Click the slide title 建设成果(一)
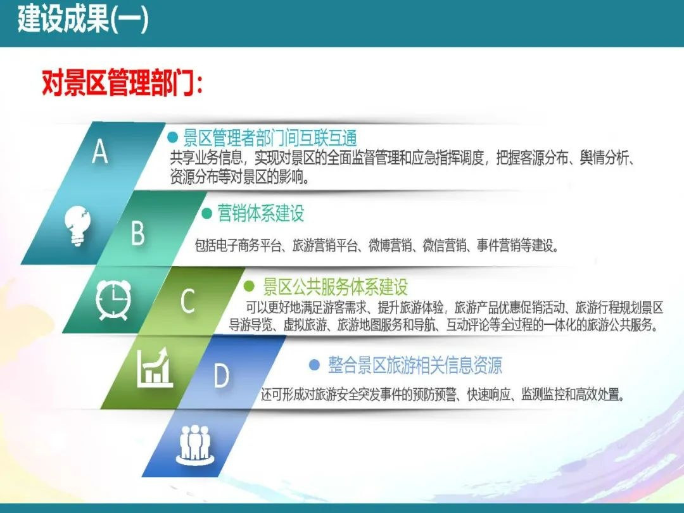point(83,21)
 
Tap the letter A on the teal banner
point(100,152)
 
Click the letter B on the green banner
point(137,232)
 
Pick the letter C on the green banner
point(187,302)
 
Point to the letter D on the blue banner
point(221,376)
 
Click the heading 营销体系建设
point(261,213)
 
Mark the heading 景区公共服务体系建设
point(335,288)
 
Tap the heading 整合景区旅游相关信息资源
point(415,365)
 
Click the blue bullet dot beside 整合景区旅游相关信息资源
point(314,365)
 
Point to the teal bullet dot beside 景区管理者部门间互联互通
point(172,137)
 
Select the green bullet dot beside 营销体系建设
point(206,213)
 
